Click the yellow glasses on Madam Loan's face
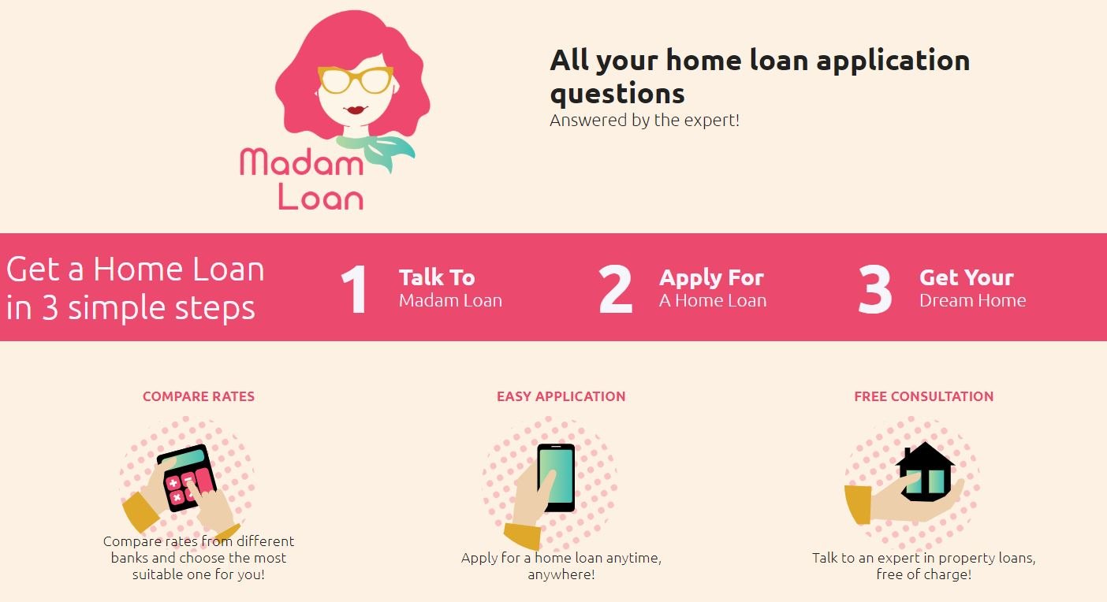356,80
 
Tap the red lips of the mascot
356,110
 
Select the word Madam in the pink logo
302,162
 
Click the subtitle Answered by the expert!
644,120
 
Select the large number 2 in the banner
616,289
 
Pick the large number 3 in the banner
875,289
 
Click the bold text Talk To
437,277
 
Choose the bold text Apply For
712,278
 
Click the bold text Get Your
967,277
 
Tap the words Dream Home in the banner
973,301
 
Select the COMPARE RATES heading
199,396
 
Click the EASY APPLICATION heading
561,396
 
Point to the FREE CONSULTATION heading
923,396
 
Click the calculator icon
187,477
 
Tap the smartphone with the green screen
557,478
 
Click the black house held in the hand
925,472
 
